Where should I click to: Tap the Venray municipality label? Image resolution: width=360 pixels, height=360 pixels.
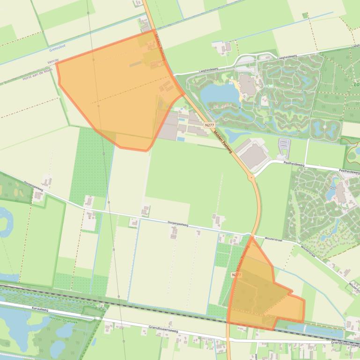[53, 61]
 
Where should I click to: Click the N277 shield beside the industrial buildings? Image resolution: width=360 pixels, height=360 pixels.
[209, 125]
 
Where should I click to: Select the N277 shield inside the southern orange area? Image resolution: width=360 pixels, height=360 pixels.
[237, 275]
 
